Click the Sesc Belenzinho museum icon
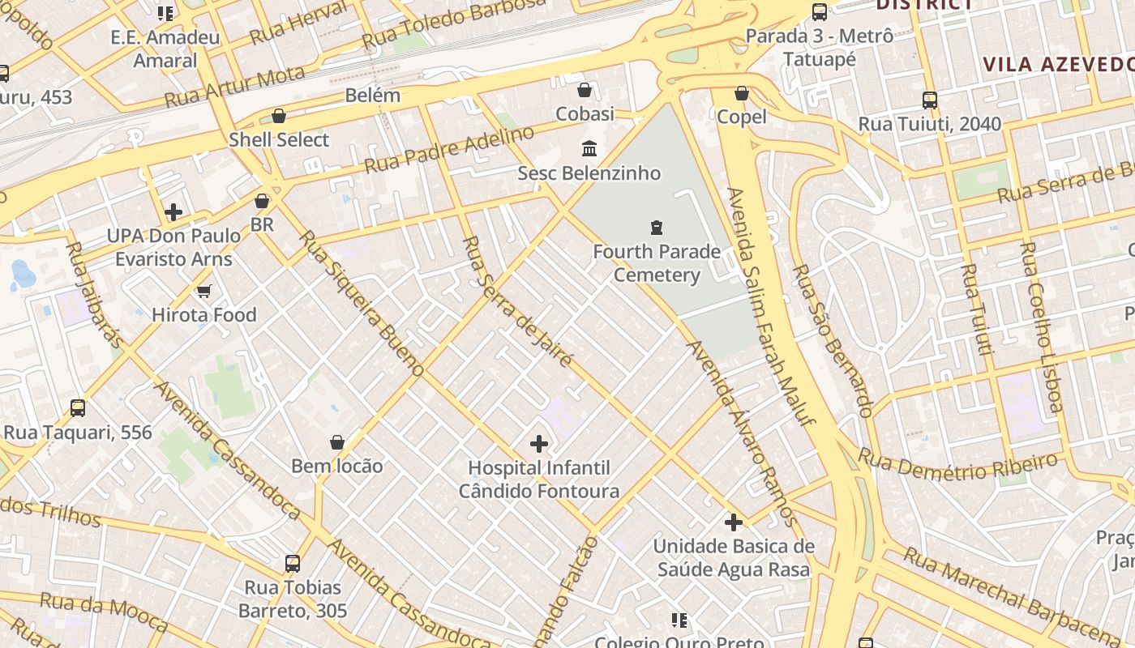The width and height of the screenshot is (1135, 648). (589, 149)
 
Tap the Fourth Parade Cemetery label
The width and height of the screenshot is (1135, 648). (657, 263)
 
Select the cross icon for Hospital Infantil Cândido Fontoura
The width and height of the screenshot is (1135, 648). (539, 444)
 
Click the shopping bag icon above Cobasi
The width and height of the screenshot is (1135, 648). (584, 90)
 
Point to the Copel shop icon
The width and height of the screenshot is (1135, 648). (741, 94)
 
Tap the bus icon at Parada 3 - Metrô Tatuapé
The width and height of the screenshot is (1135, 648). (820, 12)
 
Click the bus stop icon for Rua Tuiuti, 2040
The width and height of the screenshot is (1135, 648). (930, 100)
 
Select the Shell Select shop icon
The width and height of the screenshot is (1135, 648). (279, 116)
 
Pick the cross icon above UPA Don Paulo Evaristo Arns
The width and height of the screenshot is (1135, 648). (173, 212)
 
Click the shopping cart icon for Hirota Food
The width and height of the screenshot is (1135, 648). (203, 291)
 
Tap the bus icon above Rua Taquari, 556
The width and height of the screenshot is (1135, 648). (78, 408)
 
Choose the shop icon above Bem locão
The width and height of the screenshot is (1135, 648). (337, 442)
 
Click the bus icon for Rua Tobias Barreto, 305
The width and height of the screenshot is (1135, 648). (293, 563)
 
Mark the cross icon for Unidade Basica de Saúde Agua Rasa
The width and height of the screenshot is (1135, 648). (734, 522)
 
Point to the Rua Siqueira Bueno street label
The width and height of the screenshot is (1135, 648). (362, 303)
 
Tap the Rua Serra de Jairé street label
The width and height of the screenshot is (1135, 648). (518, 301)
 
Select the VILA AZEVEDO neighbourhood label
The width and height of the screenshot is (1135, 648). (1058, 65)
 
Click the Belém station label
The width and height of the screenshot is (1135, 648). (373, 95)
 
